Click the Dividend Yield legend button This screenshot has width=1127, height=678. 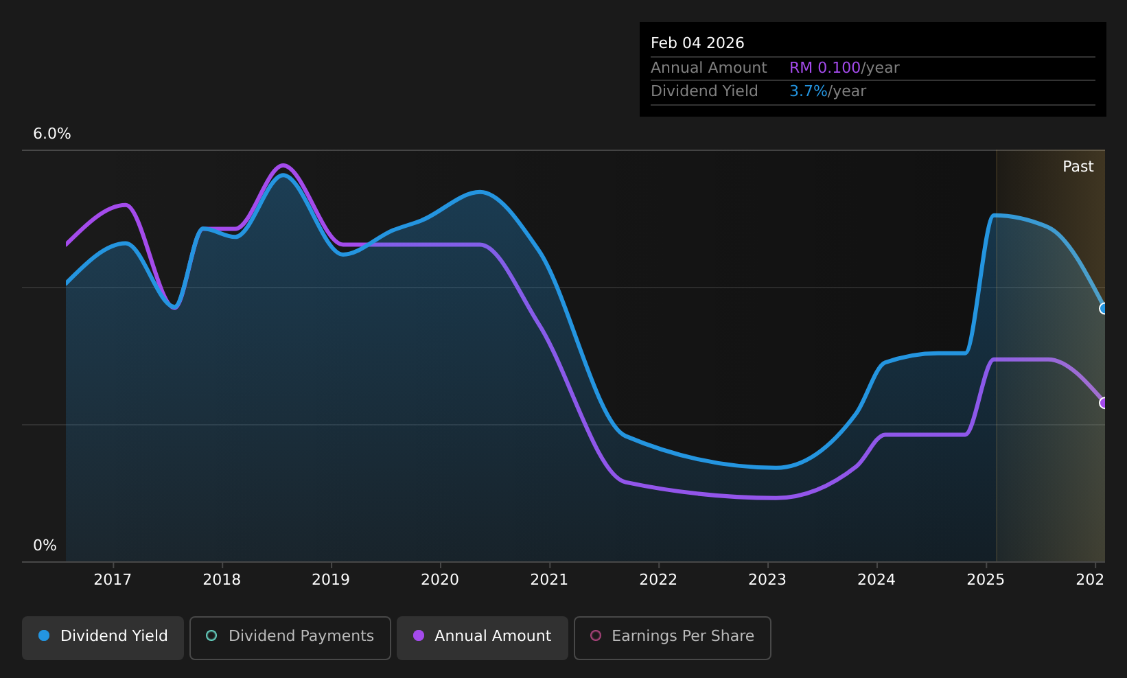pyautogui.click(x=103, y=638)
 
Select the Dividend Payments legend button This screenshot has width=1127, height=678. pyautogui.click(x=290, y=638)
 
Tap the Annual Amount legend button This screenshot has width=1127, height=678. pyautogui.click(x=483, y=638)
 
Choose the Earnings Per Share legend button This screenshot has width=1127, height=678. pyautogui.click(x=673, y=638)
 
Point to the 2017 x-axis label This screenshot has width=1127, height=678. pyautogui.click(x=113, y=580)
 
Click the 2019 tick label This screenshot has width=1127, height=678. pyautogui.click(x=331, y=580)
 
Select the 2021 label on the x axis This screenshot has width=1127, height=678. pyautogui.click(x=549, y=580)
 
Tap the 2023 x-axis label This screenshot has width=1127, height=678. pyautogui.click(x=768, y=580)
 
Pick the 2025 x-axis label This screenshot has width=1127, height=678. pyautogui.click(x=986, y=580)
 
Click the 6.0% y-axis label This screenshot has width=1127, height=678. pyautogui.click(x=52, y=134)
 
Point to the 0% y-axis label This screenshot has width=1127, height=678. pyautogui.click(x=45, y=546)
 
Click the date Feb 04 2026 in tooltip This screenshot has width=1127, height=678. pyautogui.click(x=697, y=43)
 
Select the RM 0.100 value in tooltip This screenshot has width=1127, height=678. pyautogui.click(x=824, y=68)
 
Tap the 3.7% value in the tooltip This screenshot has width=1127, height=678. pyautogui.click(x=808, y=91)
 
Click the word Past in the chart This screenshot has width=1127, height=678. pyautogui.click(x=1078, y=167)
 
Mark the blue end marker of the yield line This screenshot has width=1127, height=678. pyautogui.click(x=1102, y=308)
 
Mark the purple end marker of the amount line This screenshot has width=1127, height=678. pyautogui.click(x=1102, y=403)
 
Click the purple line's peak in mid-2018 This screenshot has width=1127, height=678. pyautogui.click(x=283, y=165)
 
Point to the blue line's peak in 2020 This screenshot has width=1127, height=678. pyautogui.click(x=481, y=191)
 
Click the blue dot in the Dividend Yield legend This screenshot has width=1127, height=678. pyautogui.click(x=45, y=635)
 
